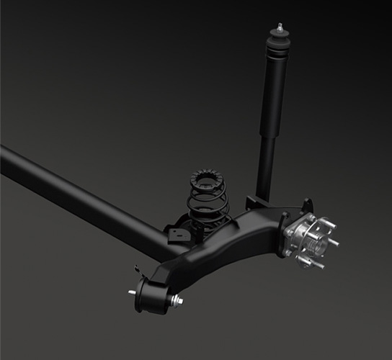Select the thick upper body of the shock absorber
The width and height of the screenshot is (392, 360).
click(275, 94)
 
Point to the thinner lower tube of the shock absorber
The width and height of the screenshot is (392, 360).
click(266, 166)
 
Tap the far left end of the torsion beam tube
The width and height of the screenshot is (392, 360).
click(6, 159)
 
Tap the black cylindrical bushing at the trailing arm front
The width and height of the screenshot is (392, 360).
click(153, 295)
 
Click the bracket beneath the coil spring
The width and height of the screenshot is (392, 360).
click(177, 232)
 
